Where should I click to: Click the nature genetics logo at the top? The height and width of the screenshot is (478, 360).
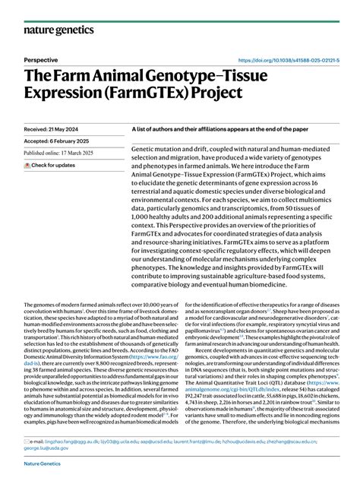58,30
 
